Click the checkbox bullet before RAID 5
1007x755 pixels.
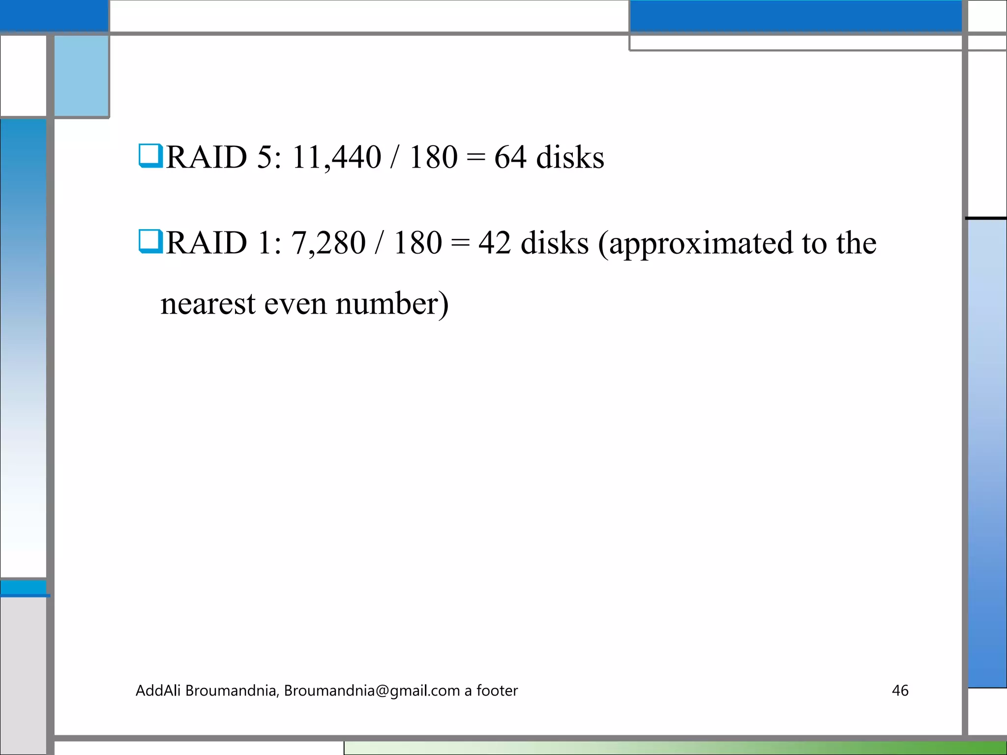point(150,156)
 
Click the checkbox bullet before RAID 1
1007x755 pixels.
point(150,241)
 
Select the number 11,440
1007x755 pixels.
point(336,157)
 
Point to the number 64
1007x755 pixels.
point(510,157)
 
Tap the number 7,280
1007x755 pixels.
point(328,243)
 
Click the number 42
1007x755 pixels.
point(495,243)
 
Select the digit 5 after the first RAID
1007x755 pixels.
point(265,157)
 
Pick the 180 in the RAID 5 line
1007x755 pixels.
point(433,157)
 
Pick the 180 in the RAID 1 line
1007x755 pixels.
point(418,243)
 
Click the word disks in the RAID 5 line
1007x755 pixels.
point(570,157)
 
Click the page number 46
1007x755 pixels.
point(900,691)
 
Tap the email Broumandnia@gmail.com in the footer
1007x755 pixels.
point(372,691)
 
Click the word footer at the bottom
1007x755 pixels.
point(497,691)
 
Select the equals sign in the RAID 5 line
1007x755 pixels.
point(475,157)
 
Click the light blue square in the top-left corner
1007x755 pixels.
point(81,76)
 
